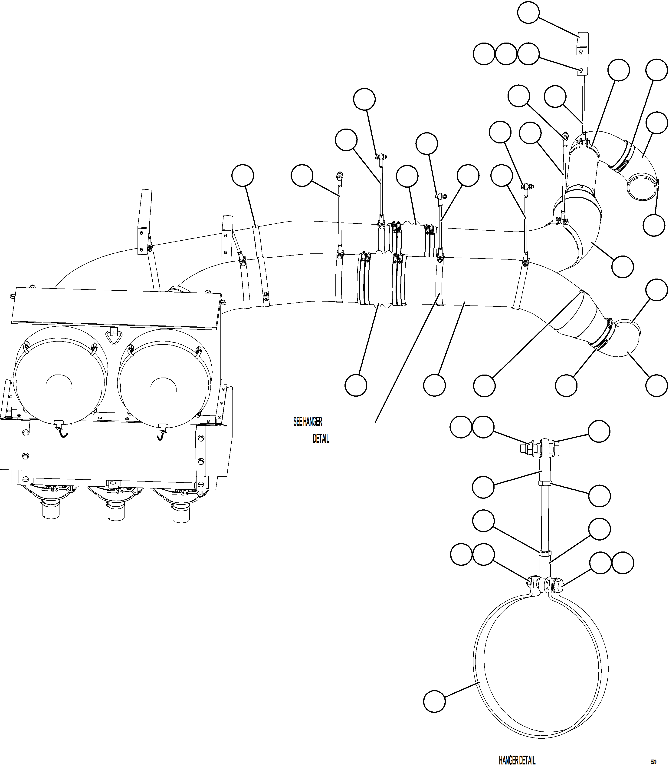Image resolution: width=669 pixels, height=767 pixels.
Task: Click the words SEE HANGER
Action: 308,422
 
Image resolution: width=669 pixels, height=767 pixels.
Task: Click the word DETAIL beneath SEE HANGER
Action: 321,439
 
